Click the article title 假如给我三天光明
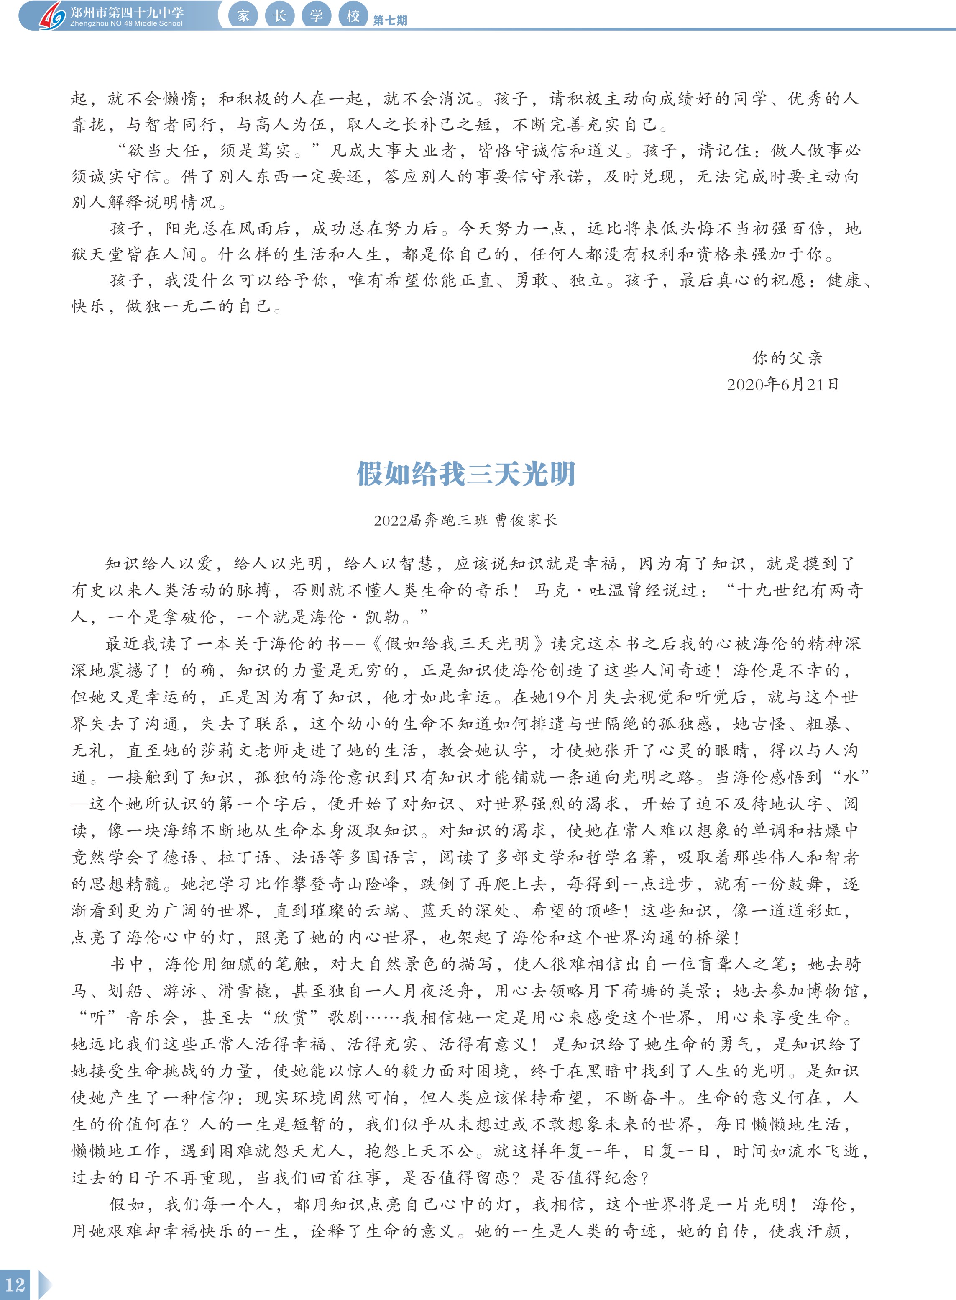point(466,474)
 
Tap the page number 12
point(15,1285)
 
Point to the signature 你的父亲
point(787,358)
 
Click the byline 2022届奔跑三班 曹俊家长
point(465,520)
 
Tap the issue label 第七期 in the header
point(390,20)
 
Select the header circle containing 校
point(353,15)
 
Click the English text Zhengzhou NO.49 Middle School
point(126,24)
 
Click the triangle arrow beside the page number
point(45,1285)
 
